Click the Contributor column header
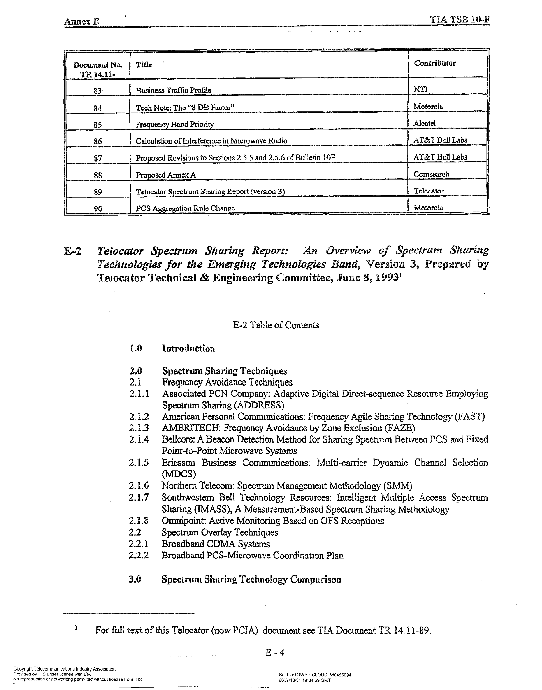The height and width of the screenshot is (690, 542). click(435, 63)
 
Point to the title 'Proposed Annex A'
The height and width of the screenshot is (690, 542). click(166, 175)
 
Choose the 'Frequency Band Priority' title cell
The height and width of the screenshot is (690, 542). click(175, 124)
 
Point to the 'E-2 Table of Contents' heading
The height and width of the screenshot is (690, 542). click(276, 325)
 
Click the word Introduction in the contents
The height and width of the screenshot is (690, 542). click(188, 349)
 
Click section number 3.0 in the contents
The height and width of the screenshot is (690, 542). click(135, 579)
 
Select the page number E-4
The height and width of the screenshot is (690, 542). click(275, 653)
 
